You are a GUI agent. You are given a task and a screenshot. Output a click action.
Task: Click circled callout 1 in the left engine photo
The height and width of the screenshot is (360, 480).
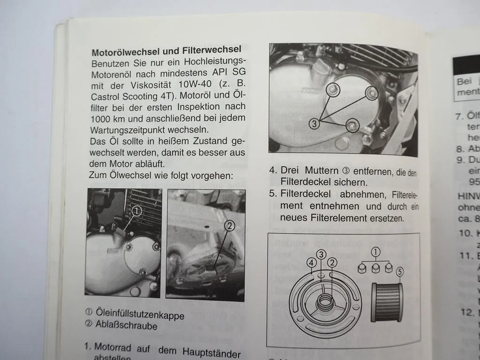click(136, 212)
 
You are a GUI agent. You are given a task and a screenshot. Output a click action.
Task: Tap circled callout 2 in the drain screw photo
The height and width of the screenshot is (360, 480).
click(229, 226)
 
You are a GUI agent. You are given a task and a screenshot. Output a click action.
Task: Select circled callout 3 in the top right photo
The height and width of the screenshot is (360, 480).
click(315, 124)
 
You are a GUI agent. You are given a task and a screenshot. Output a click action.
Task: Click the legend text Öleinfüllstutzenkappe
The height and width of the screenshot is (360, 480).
click(140, 315)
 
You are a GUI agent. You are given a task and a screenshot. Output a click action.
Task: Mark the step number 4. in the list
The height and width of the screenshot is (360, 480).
click(273, 170)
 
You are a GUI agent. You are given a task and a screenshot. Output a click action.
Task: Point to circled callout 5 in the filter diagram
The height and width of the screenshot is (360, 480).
click(399, 271)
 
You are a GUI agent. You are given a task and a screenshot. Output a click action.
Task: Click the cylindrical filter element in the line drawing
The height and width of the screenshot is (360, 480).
click(386, 302)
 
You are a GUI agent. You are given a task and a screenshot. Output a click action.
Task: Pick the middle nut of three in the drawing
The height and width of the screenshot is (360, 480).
click(376, 268)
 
